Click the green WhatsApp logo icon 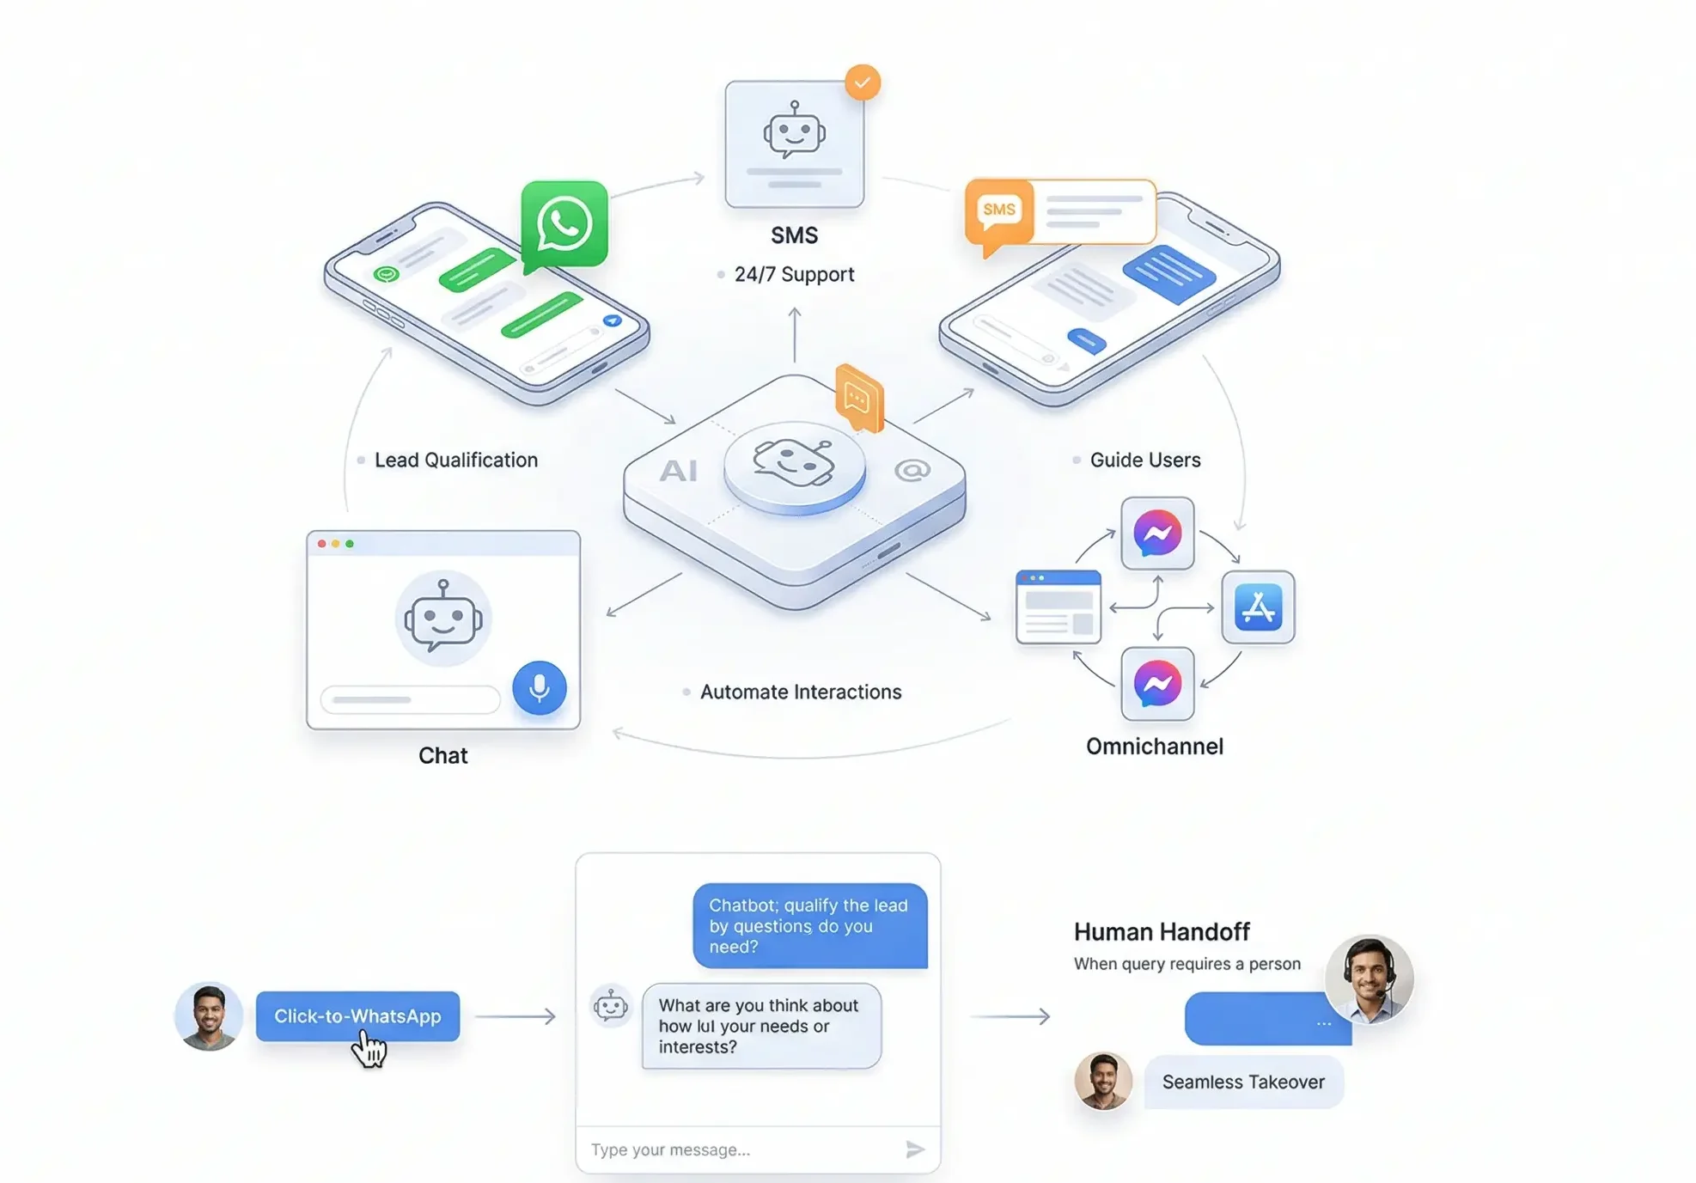pyautogui.click(x=564, y=225)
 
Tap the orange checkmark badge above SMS pyautogui.click(x=862, y=82)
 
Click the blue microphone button pyautogui.click(x=540, y=687)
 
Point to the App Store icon pyautogui.click(x=1258, y=607)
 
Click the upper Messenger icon pyautogui.click(x=1157, y=534)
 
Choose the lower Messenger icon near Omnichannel pyautogui.click(x=1157, y=684)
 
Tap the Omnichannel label pyautogui.click(x=1155, y=747)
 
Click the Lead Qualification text pyautogui.click(x=456, y=460)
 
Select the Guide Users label pyautogui.click(x=1145, y=460)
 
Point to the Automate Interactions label pyautogui.click(x=801, y=692)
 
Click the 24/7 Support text pyautogui.click(x=794, y=275)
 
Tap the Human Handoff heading pyautogui.click(x=1162, y=932)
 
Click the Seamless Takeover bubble pyautogui.click(x=1243, y=1082)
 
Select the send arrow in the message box pyautogui.click(x=915, y=1149)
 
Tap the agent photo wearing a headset pyautogui.click(x=1369, y=979)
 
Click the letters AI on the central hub pyautogui.click(x=678, y=471)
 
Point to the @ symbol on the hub pyautogui.click(x=912, y=471)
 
